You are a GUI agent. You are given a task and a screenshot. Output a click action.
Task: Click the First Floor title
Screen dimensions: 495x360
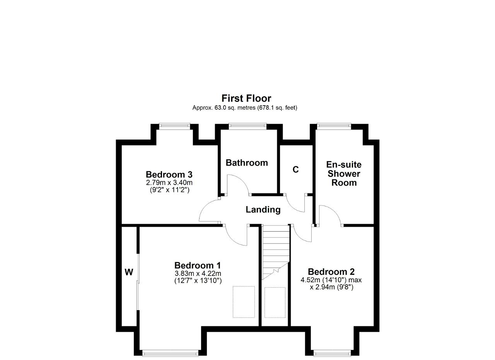tap(246, 98)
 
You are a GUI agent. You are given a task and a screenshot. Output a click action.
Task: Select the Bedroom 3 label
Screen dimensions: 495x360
tap(169, 174)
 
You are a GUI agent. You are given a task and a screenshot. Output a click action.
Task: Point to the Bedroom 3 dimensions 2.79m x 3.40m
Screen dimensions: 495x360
tap(169, 183)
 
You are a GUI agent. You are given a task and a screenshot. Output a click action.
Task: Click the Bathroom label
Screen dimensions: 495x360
tap(247, 163)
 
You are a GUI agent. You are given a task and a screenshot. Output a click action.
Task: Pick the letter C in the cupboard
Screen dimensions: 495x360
tap(296, 169)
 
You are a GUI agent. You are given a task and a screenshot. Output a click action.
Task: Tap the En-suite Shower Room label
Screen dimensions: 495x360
tap(344, 174)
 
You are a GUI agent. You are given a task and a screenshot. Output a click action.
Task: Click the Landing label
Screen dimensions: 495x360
tap(263, 210)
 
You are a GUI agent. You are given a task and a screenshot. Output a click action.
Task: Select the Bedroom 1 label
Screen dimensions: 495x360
tap(198, 265)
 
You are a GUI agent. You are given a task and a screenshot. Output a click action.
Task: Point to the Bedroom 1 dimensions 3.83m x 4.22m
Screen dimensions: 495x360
tap(198, 274)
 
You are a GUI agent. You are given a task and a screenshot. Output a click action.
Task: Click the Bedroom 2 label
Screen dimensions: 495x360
tap(331, 271)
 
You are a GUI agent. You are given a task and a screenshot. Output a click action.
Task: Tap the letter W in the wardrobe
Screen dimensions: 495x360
tap(129, 272)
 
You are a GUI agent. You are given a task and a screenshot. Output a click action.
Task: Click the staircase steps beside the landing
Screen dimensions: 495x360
tap(276, 253)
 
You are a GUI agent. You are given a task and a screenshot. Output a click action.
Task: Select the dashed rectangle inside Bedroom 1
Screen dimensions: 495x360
tap(244, 302)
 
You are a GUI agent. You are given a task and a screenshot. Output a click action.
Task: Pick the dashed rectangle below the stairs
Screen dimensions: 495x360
tap(275, 302)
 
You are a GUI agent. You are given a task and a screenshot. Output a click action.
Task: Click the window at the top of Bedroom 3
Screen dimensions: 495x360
tap(174, 126)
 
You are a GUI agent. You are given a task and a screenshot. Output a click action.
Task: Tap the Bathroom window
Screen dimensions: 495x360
tap(247, 126)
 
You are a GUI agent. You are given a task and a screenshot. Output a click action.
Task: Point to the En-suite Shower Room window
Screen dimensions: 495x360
tap(334, 126)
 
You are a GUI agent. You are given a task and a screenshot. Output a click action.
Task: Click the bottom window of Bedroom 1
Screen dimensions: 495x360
tap(170, 353)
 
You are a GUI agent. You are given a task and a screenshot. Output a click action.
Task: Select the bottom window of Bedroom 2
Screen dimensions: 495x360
tap(332, 353)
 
